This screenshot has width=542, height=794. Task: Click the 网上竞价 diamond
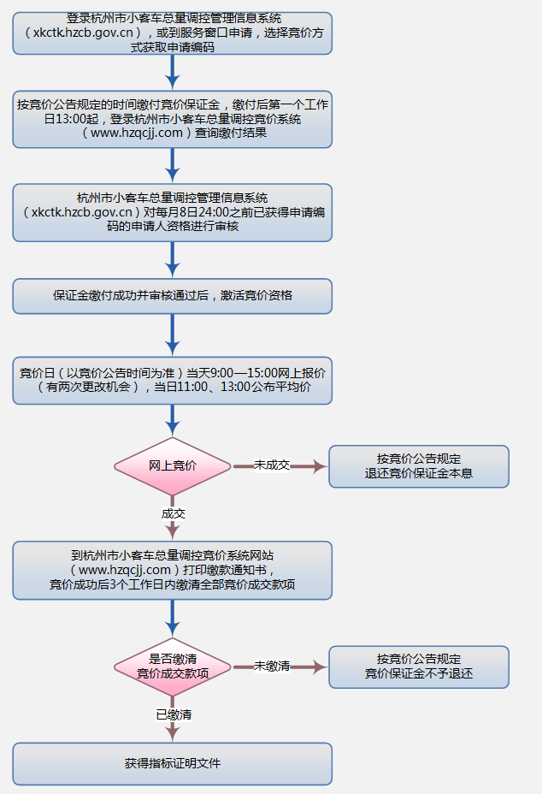[x=173, y=465]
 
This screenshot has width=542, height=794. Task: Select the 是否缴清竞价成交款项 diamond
[x=173, y=666]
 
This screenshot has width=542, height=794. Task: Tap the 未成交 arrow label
[x=271, y=465]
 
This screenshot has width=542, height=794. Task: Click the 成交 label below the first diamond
[x=173, y=513]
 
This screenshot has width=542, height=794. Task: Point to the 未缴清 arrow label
[x=272, y=666]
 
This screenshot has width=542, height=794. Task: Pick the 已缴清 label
[x=173, y=714]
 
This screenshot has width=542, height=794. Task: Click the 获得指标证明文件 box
[x=173, y=763]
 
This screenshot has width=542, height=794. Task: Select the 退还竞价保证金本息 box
[x=419, y=465]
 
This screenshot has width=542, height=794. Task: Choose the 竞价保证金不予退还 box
[x=419, y=666]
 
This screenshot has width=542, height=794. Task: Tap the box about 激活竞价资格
[x=173, y=295]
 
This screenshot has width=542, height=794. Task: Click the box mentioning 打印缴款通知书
[x=173, y=569]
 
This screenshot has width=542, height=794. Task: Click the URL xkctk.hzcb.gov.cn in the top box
[x=85, y=33]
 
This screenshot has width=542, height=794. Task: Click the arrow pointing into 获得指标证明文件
[x=173, y=730]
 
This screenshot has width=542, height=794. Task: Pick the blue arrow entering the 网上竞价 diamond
[x=173, y=421]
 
